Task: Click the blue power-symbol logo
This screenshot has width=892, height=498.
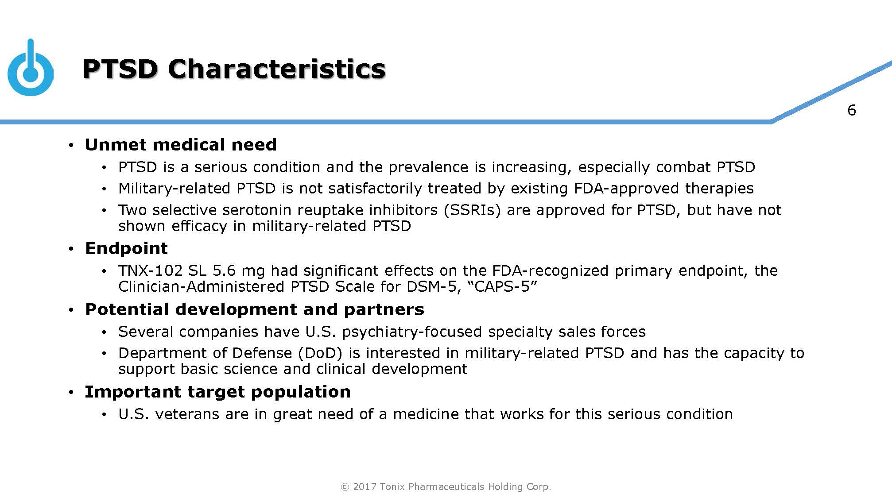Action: point(31,71)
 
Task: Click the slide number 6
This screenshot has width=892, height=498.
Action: point(851,110)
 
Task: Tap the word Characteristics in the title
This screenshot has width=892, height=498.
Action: point(276,69)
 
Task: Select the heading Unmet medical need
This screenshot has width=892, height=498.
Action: point(181,145)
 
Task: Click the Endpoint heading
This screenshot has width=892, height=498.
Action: point(126,248)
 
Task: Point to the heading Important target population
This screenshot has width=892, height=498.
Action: point(217,392)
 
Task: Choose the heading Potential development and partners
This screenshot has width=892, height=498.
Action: point(254,309)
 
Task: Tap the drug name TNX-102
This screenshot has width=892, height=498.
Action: point(150,270)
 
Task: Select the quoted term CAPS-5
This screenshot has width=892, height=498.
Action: point(505,286)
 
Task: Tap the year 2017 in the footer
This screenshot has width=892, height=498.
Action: point(365,487)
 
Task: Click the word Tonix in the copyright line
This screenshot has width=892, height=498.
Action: point(392,487)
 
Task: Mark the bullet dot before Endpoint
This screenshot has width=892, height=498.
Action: point(71,250)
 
